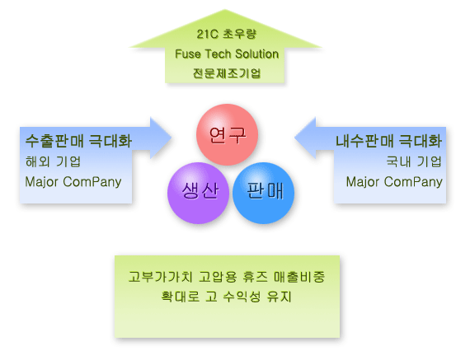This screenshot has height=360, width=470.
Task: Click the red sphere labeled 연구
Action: click(228, 134)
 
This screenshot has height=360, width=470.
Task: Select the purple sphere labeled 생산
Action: click(198, 193)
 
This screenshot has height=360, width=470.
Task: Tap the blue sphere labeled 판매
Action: click(264, 193)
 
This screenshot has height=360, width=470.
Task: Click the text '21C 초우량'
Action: click(227, 34)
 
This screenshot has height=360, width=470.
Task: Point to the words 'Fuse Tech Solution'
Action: click(227, 54)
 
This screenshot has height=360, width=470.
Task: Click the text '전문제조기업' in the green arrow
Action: click(227, 73)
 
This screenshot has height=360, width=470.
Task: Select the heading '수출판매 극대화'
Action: click(78, 141)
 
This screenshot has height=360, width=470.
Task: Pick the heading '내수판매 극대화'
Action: click(388, 141)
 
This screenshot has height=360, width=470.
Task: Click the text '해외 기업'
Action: click(53, 161)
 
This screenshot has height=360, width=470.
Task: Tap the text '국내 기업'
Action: click(414, 161)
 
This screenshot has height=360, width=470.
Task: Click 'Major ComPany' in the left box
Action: click(73, 182)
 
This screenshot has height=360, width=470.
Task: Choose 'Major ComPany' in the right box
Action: click(394, 182)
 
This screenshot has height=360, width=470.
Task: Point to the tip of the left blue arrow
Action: click(172, 138)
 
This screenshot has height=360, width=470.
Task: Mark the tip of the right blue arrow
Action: click(294, 138)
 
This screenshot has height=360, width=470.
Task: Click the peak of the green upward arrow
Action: click(225, 10)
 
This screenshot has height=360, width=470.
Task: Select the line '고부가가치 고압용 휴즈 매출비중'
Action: click(227, 277)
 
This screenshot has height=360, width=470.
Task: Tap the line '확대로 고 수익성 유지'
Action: click(226, 297)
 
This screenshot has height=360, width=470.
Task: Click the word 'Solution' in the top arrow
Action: click(257, 54)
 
